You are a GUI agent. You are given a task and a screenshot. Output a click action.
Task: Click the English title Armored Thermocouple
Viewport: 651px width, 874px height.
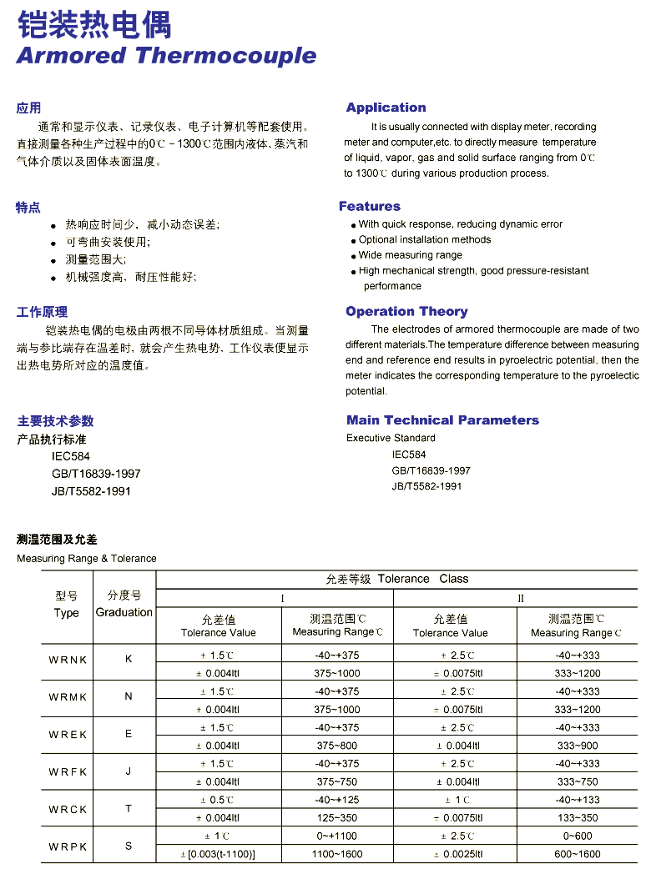click(166, 56)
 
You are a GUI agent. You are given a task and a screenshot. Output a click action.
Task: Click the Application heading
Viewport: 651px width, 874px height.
click(386, 108)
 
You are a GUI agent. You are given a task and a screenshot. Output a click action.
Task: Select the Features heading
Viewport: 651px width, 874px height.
click(369, 206)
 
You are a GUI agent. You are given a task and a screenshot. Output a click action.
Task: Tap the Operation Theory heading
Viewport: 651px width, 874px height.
click(406, 311)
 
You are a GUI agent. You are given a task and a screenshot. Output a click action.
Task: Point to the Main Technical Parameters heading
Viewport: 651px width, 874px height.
click(442, 420)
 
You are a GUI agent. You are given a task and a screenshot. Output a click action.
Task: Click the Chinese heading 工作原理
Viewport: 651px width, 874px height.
click(42, 312)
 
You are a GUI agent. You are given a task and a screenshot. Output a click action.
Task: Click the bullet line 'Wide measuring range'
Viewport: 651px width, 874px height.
click(410, 255)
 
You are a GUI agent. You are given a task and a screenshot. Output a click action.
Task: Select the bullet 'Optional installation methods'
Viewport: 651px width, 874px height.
click(425, 239)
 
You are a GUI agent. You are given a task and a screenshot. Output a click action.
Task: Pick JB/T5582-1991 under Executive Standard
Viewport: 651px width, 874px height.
click(426, 486)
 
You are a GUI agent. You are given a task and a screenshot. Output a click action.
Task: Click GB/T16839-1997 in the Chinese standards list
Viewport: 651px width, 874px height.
click(96, 474)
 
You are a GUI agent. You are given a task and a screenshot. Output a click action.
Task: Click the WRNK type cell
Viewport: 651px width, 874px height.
click(68, 660)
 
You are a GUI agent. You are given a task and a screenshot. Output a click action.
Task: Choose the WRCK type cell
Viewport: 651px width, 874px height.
click(68, 809)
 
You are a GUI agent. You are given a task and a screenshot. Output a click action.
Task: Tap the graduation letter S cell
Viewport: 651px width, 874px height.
click(129, 846)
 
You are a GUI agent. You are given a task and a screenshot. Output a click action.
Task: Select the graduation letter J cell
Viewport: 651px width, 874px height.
click(129, 771)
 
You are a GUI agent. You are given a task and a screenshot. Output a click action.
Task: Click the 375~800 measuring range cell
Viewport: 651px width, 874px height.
click(337, 746)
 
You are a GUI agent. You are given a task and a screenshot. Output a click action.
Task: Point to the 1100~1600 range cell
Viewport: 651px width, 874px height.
click(337, 854)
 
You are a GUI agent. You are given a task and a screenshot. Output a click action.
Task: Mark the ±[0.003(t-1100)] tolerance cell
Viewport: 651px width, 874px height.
click(218, 854)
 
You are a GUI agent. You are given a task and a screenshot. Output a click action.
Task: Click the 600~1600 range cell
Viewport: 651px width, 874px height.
click(577, 854)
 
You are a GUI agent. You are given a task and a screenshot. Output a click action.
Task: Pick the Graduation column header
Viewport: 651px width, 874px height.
click(124, 612)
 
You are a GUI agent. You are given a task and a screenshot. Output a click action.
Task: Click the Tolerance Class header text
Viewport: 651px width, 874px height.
click(397, 579)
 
